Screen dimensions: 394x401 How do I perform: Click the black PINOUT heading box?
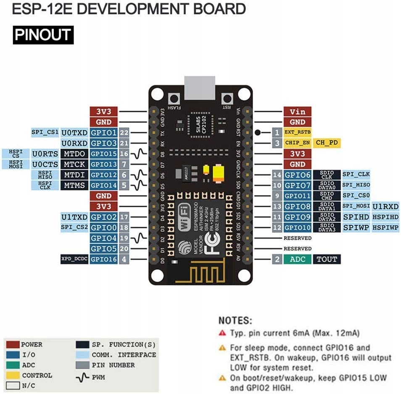tap(43, 35)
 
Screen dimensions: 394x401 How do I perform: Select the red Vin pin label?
tap(297, 112)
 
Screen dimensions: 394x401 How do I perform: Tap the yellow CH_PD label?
tap(326, 143)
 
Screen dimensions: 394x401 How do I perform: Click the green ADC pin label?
tap(297, 259)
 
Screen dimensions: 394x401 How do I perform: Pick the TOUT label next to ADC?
tap(327, 259)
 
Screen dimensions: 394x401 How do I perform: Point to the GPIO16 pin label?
tap(103, 259)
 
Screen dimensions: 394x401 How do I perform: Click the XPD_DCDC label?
tap(74, 259)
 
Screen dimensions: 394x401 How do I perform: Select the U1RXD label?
tap(385, 206)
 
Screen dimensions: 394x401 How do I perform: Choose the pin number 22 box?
tap(124, 133)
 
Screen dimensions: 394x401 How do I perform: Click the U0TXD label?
tap(74, 133)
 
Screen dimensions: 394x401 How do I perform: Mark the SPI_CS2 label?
tap(74, 227)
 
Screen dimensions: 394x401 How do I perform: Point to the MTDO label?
tap(74, 154)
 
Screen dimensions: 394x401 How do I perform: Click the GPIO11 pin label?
tap(297, 196)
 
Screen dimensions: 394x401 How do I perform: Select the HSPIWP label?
tap(385, 227)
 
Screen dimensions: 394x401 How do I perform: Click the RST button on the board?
tap(227, 99)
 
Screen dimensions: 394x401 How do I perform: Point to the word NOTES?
tap(235, 321)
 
